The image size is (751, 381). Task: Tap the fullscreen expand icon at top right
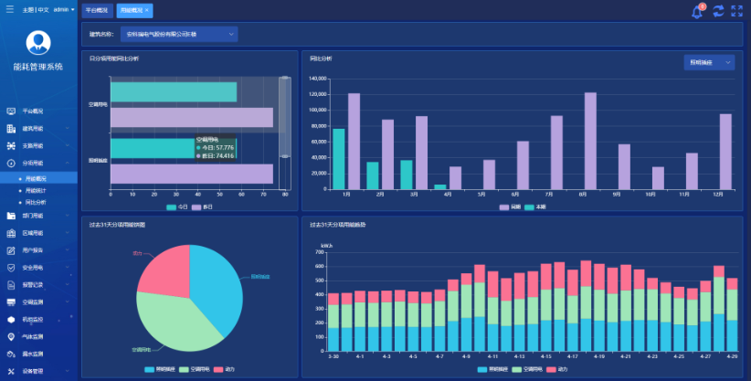(736, 11)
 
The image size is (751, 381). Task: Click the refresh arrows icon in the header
(718, 11)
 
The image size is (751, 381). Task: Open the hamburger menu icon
(9, 9)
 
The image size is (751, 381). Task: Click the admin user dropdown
(64, 9)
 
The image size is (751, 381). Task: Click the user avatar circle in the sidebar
(37, 42)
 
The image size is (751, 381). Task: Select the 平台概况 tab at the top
(96, 9)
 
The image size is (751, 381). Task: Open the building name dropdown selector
(180, 34)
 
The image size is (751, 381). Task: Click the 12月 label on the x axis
(719, 194)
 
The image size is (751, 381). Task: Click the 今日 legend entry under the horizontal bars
(178, 207)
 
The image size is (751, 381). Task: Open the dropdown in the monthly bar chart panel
(709, 62)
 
